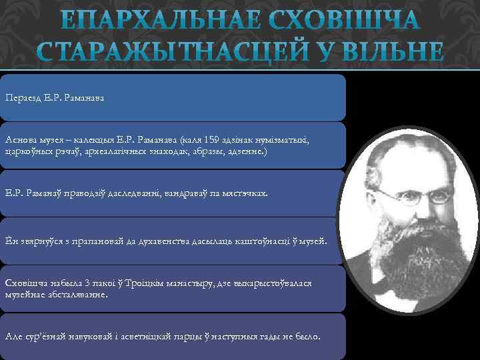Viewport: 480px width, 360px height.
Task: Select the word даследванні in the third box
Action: pyautogui.click(x=123, y=193)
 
